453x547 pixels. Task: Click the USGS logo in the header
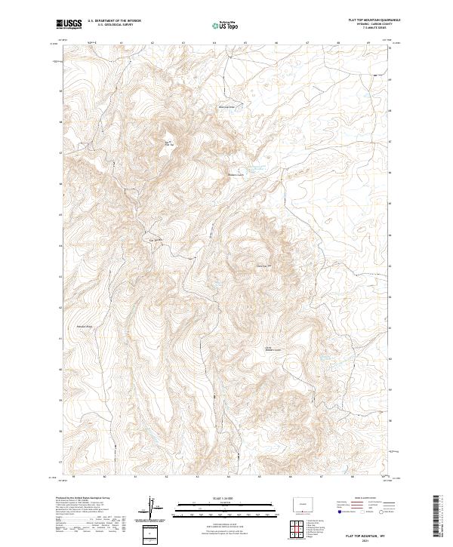point(69,25)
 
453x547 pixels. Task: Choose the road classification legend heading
point(362,499)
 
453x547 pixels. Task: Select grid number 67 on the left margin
point(60,152)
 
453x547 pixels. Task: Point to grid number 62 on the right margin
point(390,308)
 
